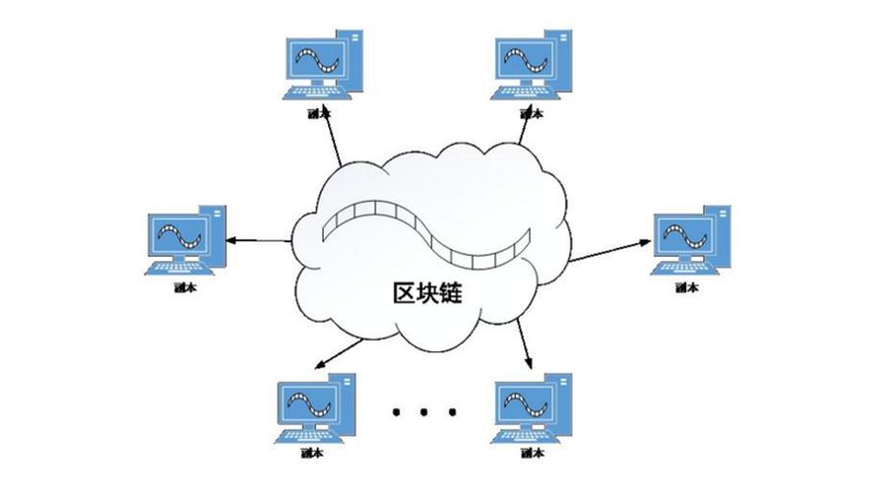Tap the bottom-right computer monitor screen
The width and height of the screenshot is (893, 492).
coord(522,400)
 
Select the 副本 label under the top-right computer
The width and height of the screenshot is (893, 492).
coord(531,113)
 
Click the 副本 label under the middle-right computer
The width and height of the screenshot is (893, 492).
coord(686,288)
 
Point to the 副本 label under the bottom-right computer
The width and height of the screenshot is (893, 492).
coord(529,454)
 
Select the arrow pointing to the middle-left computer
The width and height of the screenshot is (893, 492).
coord(258,239)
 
